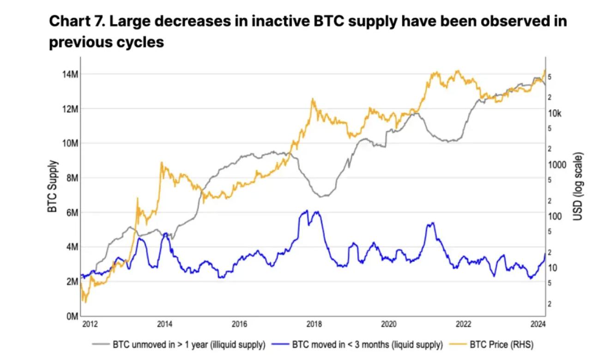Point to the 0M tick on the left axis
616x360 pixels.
coord(71,317)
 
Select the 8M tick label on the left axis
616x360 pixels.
coord(71,178)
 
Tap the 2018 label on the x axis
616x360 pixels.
coord(314,324)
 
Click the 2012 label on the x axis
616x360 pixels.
coord(90,324)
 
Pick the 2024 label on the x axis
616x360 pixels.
coord(537,324)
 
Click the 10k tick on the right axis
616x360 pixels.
coord(556,114)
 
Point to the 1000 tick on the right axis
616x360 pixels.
coord(556,165)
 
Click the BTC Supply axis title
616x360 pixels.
coord(53,186)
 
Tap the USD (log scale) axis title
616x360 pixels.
coord(577,186)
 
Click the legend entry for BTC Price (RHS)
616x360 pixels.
coord(501,344)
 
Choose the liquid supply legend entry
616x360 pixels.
coord(367,344)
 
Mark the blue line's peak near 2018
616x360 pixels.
coord(306,210)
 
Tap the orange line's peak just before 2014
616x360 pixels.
coord(161,162)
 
